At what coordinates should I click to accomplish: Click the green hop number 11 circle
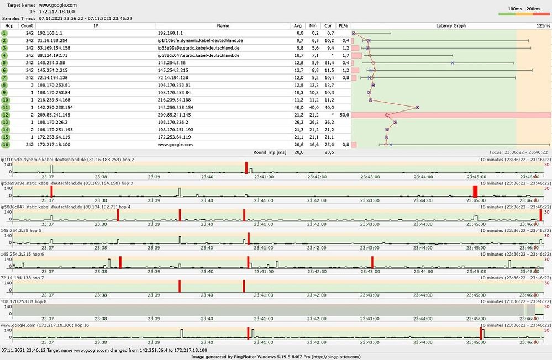[x=4, y=107]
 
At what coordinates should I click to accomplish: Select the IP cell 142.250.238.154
[x=57, y=107]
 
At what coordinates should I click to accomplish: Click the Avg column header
[x=298, y=25]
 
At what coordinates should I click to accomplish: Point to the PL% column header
[x=343, y=25]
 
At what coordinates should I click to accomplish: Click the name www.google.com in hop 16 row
[x=175, y=145]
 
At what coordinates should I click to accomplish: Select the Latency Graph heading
[x=451, y=25]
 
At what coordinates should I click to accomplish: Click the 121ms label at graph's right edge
[x=543, y=25]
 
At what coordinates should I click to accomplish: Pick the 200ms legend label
[x=533, y=9]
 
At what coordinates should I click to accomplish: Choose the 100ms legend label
[x=514, y=9]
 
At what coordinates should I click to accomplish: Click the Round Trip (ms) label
[x=270, y=152]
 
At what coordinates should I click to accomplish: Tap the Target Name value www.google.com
[x=57, y=4]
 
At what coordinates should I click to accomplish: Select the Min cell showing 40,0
[x=313, y=107]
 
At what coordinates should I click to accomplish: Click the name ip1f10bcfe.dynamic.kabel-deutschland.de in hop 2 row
[x=200, y=40]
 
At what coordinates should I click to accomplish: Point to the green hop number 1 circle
[x=4, y=33]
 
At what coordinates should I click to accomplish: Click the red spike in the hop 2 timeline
[x=246, y=168]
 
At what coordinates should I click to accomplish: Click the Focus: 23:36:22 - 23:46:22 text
[x=518, y=152]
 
